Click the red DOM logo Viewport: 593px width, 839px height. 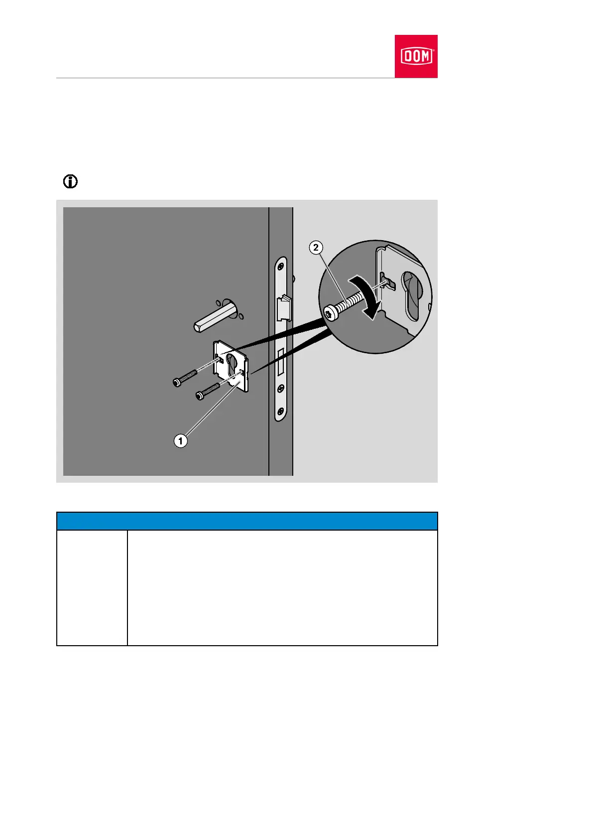[416, 56]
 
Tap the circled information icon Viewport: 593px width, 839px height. [70, 182]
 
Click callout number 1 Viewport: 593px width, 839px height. [180, 440]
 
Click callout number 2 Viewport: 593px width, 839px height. [316, 247]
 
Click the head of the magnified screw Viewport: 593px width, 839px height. [331, 313]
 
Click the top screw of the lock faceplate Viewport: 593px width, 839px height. [282, 264]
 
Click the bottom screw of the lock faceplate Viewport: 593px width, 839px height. [281, 412]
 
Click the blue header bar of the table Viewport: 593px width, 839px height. [247, 521]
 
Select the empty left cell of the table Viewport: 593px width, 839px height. [92, 588]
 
